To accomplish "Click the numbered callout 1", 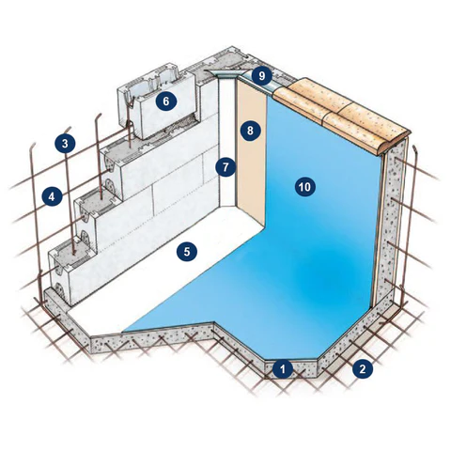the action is (x=283, y=369).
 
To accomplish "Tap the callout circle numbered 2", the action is (x=363, y=369).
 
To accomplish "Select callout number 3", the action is (x=65, y=144).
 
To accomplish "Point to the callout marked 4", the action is (x=52, y=196).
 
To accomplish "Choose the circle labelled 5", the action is (x=187, y=252).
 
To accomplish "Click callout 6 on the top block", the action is (x=166, y=101).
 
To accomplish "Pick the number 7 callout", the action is (x=225, y=167).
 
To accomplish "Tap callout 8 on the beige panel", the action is (x=250, y=131).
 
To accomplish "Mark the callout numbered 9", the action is (x=262, y=75).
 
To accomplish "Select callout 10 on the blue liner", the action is (x=304, y=187).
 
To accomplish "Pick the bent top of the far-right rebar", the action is (x=414, y=149).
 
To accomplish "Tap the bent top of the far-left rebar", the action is (x=33, y=147).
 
